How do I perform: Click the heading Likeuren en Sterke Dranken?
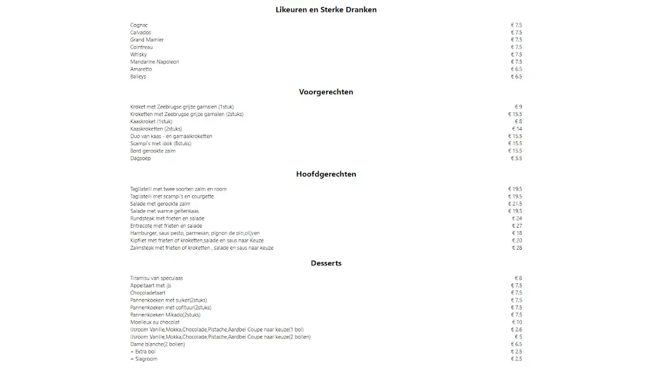coord(326,10)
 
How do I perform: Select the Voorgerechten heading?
coord(326,92)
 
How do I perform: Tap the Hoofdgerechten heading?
coord(326,174)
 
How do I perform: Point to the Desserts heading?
coord(326,263)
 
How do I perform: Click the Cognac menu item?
coord(139,25)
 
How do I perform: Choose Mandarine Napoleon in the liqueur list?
coord(154,62)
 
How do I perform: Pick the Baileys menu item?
coord(138,77)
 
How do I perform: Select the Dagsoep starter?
coord(141,158)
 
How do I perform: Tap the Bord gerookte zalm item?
coord(153,151)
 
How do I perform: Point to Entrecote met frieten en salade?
coord(166,226)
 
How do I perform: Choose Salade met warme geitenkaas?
coord(164,211)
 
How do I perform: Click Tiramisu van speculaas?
coord(156,278)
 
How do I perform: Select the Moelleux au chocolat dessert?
coord(155,322)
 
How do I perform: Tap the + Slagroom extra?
coord(144,359)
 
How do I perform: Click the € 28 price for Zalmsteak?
coord(517,248)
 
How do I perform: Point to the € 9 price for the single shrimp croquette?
coord(518,107)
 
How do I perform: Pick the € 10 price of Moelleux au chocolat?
coord(517,322)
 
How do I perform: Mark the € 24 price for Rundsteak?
coord(517,219)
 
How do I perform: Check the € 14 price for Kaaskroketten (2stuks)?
coord(517,129)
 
